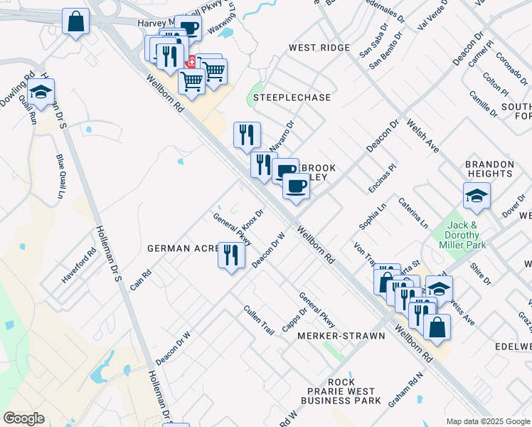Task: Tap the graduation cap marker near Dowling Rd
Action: click(41, 93)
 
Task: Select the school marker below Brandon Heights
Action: click(477, 196)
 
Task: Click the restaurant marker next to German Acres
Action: click(231, 255)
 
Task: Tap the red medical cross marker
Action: click(191, 63)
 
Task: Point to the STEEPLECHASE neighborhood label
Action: click(282, 97)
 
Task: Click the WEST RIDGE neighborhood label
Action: click(319, 48)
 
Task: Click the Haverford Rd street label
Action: click(78, 266)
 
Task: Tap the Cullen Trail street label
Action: click(259, 321)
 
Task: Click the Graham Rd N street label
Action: click(405, 389)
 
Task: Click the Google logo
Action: click(24, 418)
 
